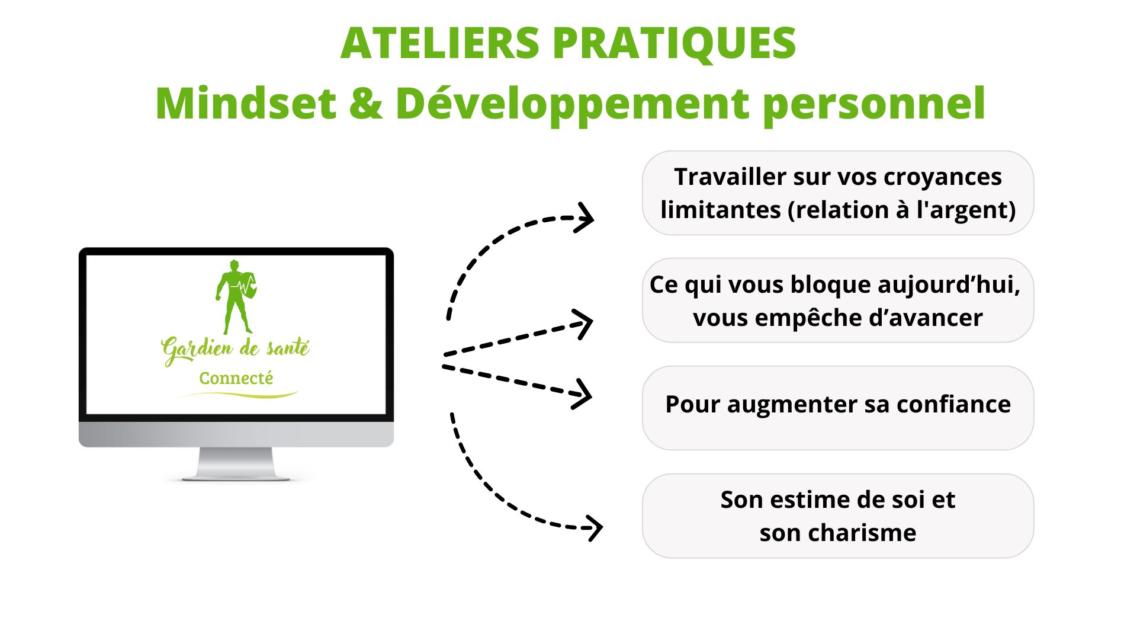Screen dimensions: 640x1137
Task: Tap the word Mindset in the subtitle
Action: click(246, 104)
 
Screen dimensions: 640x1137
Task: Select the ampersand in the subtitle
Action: click(366, 104)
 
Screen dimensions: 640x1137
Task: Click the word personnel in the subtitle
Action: click(874, 104)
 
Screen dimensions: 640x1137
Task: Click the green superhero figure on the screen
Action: click(236, 296)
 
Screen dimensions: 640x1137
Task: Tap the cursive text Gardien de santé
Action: click(236, 348)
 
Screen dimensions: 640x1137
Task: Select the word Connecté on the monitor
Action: click(236, 378)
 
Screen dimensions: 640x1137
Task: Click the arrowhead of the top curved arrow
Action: click(586, 218)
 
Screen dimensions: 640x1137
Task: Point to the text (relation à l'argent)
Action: click(901, 210)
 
